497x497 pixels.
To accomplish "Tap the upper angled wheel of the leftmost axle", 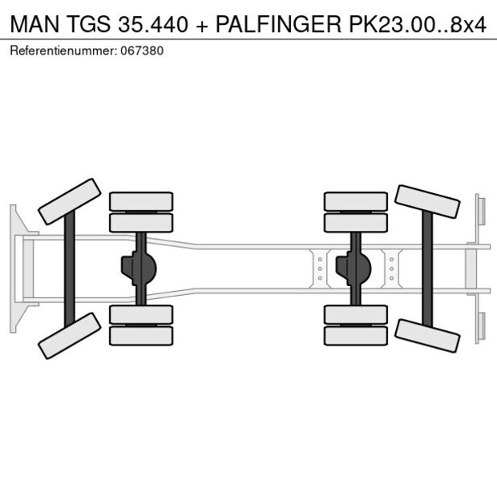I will pos(69,201).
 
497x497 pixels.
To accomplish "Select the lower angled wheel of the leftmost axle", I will pos(69,335).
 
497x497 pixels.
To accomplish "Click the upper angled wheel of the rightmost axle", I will pos(427,202).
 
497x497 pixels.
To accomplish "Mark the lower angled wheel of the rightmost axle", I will pos(427,334).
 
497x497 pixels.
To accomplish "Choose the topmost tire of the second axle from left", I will pos(141,201).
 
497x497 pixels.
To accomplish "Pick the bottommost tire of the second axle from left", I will pos(141,335).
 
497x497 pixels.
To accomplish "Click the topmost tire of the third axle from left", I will pos(355,201).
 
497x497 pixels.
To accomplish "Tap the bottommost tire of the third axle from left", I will pos(355,335).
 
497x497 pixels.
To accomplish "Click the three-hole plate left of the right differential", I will pos(320,268).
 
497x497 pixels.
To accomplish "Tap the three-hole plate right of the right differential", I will pos(391,268).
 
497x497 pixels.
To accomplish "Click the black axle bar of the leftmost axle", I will pos(70,268).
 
